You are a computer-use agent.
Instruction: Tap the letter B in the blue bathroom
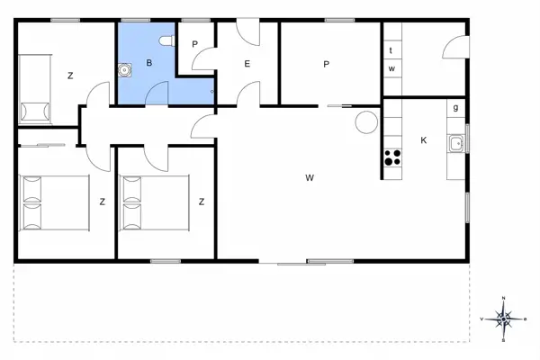coord(150,63)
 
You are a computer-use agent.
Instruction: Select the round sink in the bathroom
coord(123,68)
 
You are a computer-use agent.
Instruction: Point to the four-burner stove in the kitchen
coord(392,158)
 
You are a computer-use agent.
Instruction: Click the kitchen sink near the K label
coord(456,143)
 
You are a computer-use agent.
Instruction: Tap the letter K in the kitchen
coord(423,140)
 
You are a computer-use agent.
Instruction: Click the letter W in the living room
coord(309,178)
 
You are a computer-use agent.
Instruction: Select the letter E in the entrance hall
coord(246,63)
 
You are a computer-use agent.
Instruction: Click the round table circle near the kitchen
coord(366,121)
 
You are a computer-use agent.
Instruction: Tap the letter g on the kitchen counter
coord(456,108)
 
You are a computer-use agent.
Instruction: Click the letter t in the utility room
coord(391,51)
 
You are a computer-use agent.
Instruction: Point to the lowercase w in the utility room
coord(391,68)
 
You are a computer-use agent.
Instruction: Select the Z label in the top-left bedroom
coord(69,76)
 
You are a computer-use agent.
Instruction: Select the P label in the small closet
coord(193,42)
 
